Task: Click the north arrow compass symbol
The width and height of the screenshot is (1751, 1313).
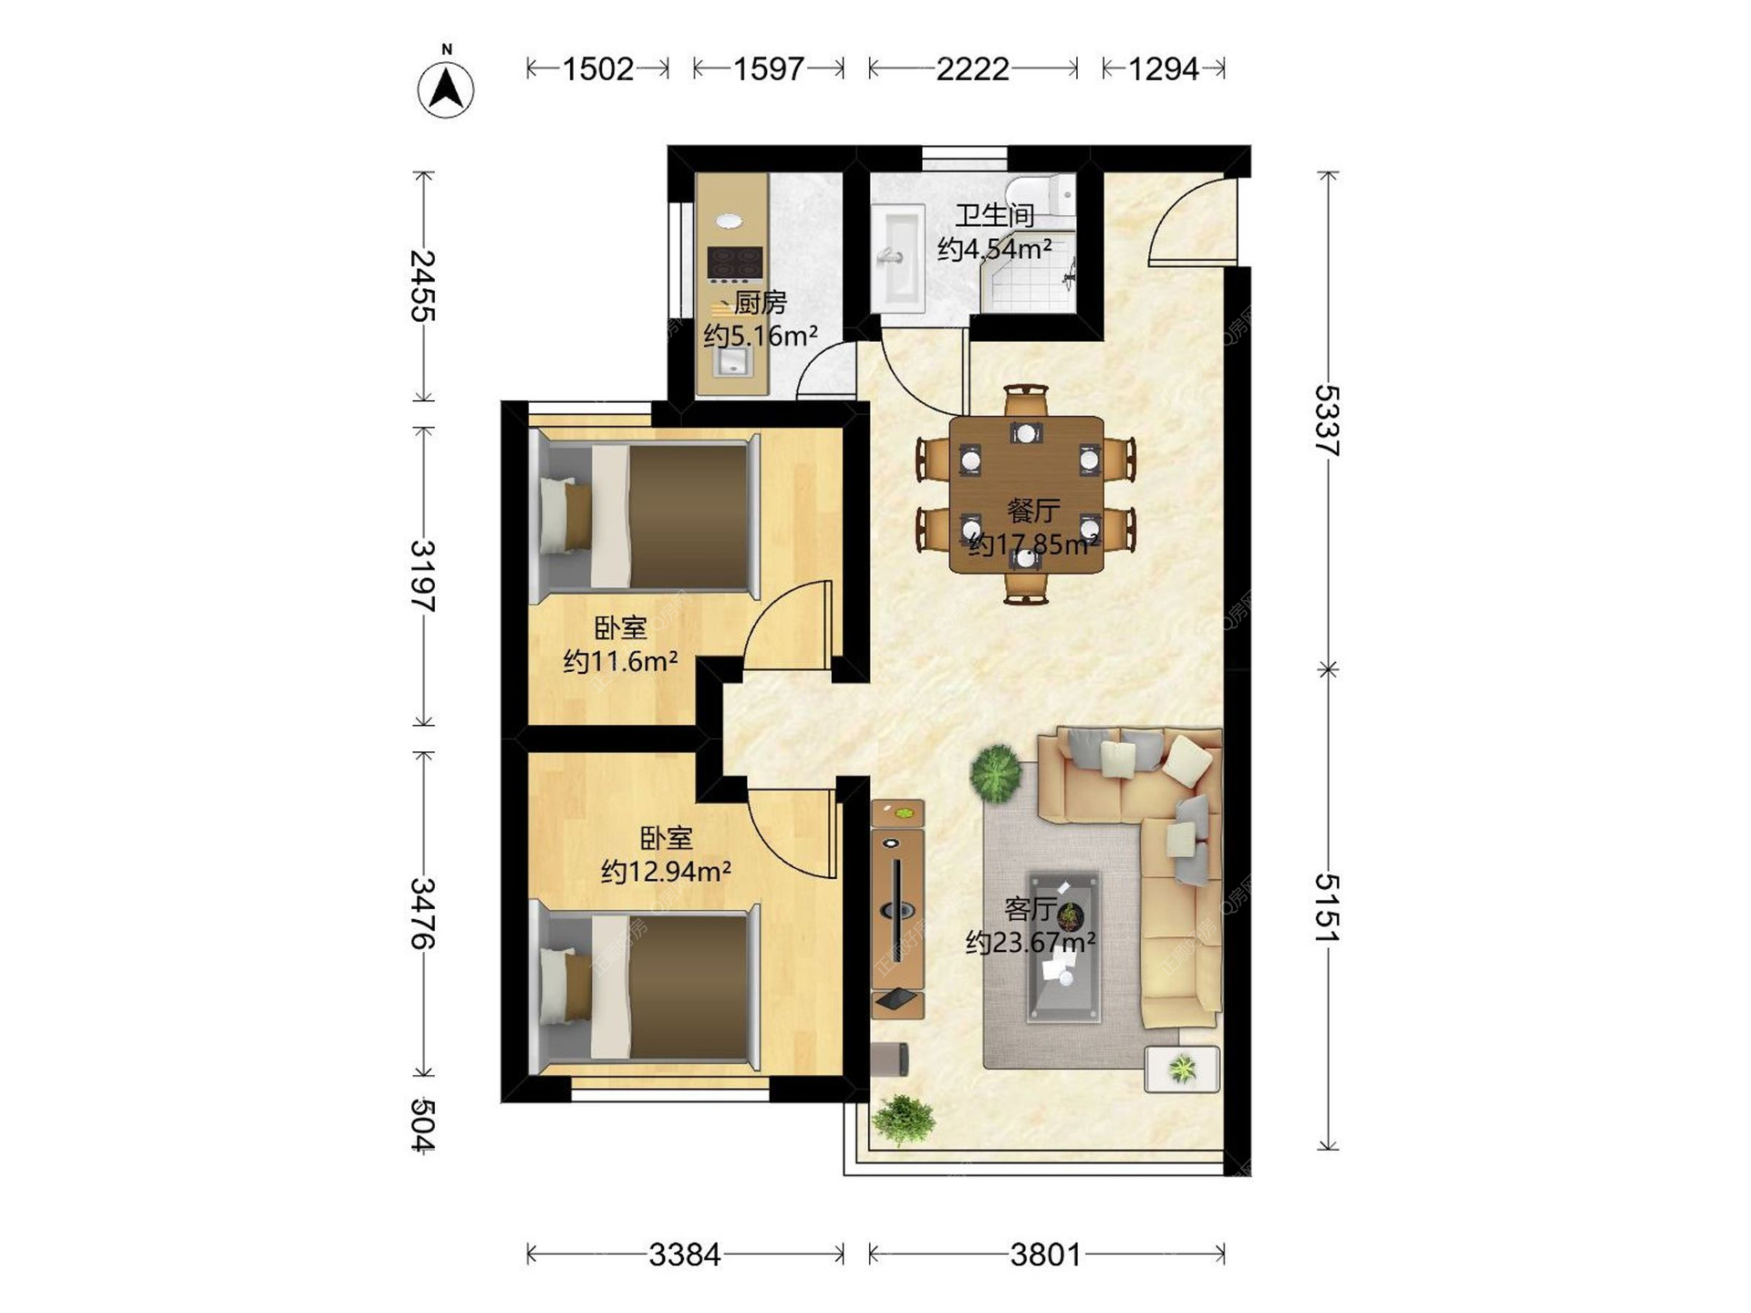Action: (x=446, y=88)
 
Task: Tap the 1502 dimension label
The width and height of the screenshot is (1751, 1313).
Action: (x=597, y=69)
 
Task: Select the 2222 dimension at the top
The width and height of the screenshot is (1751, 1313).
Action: (x=972, y=69)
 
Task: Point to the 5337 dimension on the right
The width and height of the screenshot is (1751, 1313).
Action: (x=1328, y=420)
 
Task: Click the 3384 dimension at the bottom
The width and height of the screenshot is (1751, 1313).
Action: (x=685, y=1256)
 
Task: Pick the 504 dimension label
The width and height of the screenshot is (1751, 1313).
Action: (x=421, y=1125)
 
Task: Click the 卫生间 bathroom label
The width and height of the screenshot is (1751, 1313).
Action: (x=994, y=215)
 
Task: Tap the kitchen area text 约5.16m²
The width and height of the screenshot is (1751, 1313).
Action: (x=761, y=336)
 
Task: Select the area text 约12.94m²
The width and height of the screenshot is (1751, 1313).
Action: (x=666, y=872)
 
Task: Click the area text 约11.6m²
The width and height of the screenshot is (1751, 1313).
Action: (x=620, y=661)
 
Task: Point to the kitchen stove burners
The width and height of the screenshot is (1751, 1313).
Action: (x=735, y=263)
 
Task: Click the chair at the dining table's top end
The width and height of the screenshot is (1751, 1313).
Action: (x=1026, y=400)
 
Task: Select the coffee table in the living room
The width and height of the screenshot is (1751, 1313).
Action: (x=1063, y=947)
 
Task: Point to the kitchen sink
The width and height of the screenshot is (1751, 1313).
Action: (x=732, y=363)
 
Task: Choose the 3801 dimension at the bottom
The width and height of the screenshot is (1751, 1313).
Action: (x=1045, y=1256)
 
